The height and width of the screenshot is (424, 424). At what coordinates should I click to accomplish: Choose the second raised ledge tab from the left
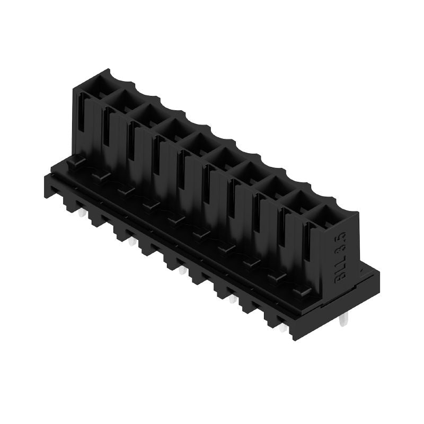click(x=101, y=175)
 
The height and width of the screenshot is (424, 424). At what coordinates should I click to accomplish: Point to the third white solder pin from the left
click(x=182, y=271)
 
